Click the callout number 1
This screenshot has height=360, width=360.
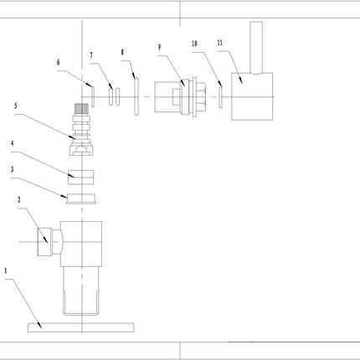[6, 270]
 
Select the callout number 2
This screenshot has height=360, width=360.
[19, 200]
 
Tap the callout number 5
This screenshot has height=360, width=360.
[16, 105]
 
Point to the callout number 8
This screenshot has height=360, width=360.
[122, 52]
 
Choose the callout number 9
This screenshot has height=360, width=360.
[159, 47]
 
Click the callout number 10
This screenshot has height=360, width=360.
[194, 44]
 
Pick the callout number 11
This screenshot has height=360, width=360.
[220, 43]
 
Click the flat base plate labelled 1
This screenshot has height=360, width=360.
[81, 327]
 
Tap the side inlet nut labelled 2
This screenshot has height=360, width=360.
[44, 242]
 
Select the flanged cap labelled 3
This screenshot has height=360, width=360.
[81, 198]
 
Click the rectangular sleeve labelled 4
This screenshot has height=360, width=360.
[81, 177]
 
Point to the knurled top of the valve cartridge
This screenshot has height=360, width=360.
[81, 108]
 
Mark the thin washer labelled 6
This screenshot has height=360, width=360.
[93, 96]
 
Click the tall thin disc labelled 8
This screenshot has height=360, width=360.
[136, 96]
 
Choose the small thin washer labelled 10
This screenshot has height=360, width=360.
[220, 97]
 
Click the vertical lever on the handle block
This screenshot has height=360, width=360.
[256, 48]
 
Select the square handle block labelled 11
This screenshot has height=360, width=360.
[252, 96]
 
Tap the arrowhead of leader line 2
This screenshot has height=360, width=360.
[46, 241]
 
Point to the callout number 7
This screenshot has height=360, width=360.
[91, 55]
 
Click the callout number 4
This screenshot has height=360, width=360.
[13, 143]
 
